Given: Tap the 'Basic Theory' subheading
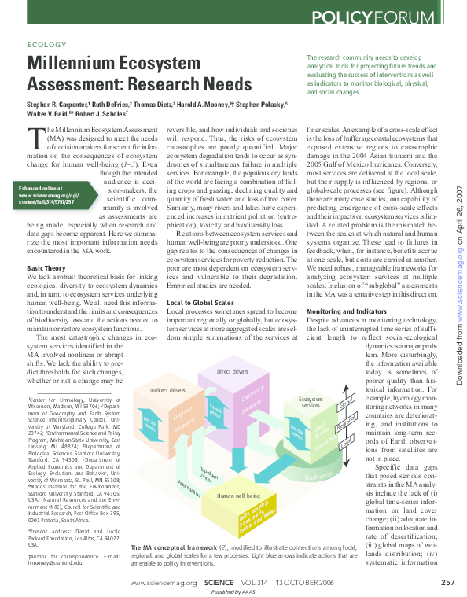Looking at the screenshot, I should pyautogui.click(x=46, y=268).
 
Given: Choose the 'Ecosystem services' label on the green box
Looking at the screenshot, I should pyautogui.click(x=311, y=403).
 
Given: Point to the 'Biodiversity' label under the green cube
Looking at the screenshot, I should pyautogui.click(x=318, y=476).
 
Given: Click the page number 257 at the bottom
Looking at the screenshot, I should pyautogui.click(x=447, y=582).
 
